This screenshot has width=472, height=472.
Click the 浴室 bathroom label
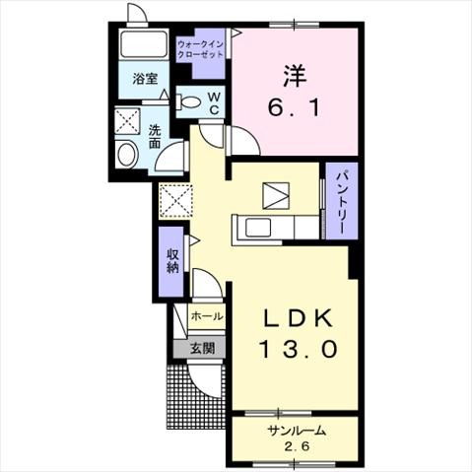point(145,79)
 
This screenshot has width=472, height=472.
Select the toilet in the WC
point(188,101)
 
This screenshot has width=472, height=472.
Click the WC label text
point(214,102)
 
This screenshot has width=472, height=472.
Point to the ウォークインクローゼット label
point(200,49)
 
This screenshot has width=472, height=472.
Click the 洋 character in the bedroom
point(295,76)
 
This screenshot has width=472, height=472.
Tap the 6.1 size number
point(294,107)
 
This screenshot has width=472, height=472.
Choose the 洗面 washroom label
point(155,137)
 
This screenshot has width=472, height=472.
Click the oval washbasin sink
point(127,155)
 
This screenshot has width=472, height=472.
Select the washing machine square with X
point(127,121)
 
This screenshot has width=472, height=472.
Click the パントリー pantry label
point(341,201)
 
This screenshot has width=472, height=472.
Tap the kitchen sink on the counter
point(258,228)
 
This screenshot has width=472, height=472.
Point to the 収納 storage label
point(172,261)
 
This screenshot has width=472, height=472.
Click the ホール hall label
point(207,316)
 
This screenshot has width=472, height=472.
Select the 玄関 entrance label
point(203,348)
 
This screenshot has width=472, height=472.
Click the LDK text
point(299,318)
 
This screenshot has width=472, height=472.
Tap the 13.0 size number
point(299,348)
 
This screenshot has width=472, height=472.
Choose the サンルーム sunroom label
point(297,431)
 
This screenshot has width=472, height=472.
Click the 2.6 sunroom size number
point(297,446)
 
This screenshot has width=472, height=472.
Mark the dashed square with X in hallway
point(175,201)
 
